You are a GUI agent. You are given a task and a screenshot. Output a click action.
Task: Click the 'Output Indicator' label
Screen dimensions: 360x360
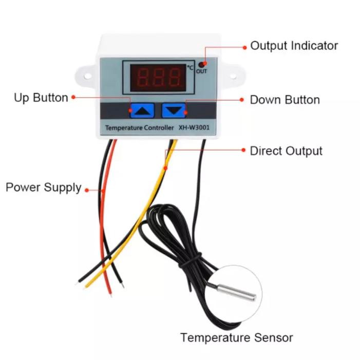(x=294, y=46)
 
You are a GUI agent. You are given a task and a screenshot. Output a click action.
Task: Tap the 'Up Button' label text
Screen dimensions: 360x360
(x=41, y=98)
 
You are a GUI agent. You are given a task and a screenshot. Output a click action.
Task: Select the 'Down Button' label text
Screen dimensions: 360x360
(x=285, y=100)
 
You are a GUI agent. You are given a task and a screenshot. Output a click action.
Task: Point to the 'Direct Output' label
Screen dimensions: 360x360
(x=286, y=151)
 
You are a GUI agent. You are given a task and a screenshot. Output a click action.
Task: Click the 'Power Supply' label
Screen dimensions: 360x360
(x=44, y=187)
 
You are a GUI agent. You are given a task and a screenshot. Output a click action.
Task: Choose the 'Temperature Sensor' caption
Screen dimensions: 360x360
(x=236, y=337)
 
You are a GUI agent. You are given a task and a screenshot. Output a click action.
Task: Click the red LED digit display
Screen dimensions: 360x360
(x=159, y=77)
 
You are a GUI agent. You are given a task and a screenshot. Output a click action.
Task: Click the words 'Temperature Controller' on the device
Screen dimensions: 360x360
(x=139, y=127)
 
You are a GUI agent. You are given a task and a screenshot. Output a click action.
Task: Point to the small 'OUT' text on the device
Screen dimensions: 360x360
(x=201, y=71)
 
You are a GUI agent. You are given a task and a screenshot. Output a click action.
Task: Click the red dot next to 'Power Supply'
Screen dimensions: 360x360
(x=86, y=190)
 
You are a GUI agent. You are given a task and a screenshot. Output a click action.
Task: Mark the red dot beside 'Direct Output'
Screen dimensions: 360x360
(x=243, y=150)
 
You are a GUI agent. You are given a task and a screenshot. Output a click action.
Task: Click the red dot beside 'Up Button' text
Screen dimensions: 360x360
(x=73, y=97)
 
